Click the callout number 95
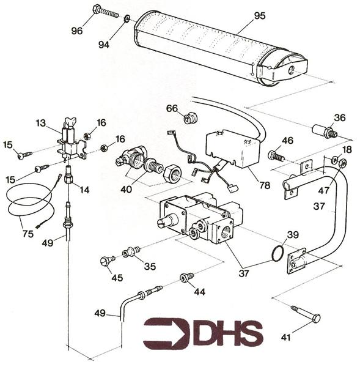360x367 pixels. coord(259,16)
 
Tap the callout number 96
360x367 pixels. coord(76,31)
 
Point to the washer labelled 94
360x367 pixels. coord(127,19)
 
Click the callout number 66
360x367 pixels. coord(172,109)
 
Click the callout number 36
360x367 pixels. coord(339,118)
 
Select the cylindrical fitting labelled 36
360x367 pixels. coord(322,131)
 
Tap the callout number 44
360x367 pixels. coord(200,292)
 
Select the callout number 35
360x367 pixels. coord(150,266)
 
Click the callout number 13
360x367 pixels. coord(41,124)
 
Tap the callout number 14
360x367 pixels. coord(84,190)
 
